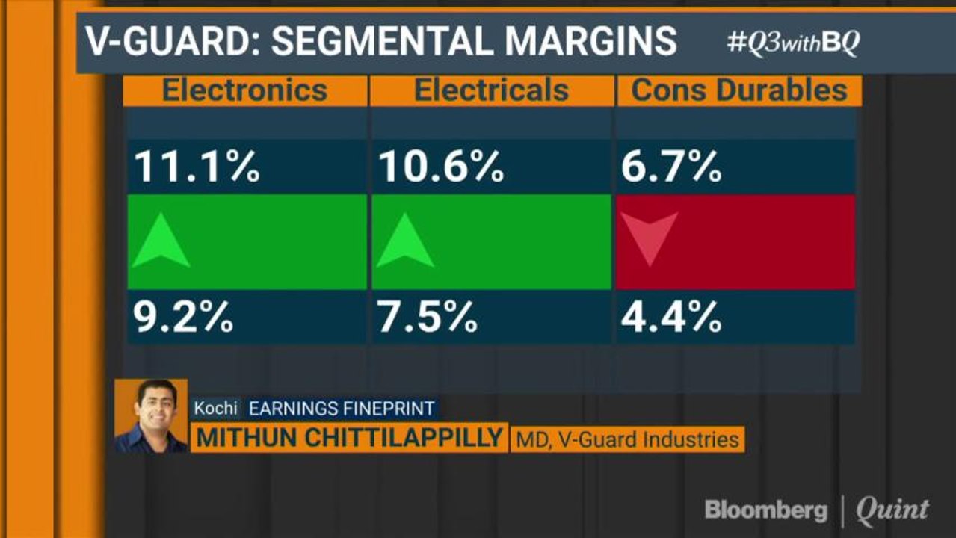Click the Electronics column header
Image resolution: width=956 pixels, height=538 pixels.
click(x=245, y=90)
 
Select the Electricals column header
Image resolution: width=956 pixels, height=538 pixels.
click(x=491, y=90)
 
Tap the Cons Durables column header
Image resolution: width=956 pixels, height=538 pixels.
click(x=739, y=90)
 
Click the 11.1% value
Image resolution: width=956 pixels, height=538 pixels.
click(x=197, y=167)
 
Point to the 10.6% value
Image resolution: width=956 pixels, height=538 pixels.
click(x=440, y=167)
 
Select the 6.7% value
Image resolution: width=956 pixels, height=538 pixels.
click(x=670, y=167)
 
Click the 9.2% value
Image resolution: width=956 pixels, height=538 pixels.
click(x=183, y=317)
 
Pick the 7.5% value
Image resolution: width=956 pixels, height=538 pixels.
click(x=427, y=317)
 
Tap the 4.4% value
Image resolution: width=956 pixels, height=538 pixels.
click(x=670, y=317)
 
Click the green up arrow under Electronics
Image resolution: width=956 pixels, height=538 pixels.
click(x=161, y=241)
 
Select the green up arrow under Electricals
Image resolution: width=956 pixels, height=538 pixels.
click(x=405, y=241)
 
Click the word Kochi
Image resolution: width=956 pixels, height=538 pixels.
click(x=215, y=408)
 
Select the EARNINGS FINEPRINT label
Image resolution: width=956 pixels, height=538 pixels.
click(x=341, y=408)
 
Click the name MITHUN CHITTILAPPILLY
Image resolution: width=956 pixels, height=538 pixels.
click(x=349, y=438)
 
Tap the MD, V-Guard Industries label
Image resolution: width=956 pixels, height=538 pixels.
click(x=626, y=439)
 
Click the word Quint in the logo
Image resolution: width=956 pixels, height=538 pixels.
click(x=892, y=510)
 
